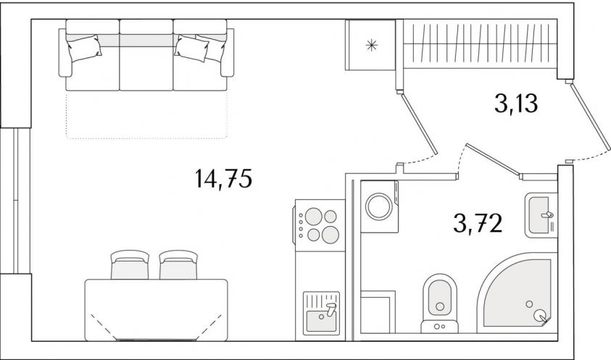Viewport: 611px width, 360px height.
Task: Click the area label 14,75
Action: [x=224, y=179]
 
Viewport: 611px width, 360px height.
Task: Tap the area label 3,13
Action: [x=516, y=104]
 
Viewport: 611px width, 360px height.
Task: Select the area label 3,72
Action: [x=478, y=223]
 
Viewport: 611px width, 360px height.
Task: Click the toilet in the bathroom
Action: [x=440, y=303]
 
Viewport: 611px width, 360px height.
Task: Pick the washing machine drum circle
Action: [x=379, y=206]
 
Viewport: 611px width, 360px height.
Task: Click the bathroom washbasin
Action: [x=541, y=215]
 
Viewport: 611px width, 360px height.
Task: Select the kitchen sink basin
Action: [x=322, y=312]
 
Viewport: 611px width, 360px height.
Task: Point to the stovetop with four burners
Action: [x=320, y=225]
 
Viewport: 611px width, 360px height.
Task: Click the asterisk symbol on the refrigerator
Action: [x=372, y=46]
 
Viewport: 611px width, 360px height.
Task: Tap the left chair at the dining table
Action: [x=130, y=265]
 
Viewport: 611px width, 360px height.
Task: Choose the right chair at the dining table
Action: [x=178, y=265]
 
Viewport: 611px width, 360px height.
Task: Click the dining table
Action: [x=157, y=310]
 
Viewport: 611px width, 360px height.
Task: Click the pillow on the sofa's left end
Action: [x=85, y=48]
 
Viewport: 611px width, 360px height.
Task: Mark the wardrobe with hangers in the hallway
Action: [x=480, y=43]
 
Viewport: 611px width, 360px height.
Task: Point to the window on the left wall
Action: [x=16, y=201]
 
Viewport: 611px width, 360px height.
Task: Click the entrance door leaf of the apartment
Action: [x=591, y=116]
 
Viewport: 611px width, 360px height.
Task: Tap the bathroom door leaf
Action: [x=493, y=161]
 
